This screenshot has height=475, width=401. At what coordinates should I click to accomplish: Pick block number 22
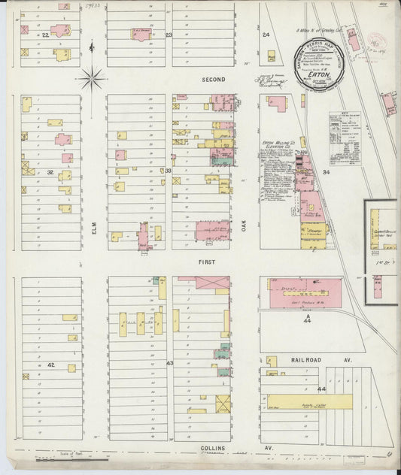(45, 35)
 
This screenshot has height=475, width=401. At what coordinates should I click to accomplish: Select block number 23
(169, 35)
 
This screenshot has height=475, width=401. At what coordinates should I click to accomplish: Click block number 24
(266, 35)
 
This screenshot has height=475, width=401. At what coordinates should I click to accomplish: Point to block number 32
(50, 172)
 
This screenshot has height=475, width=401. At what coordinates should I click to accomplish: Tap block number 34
(326, 172)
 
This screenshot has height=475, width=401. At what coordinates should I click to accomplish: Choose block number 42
(50, 364)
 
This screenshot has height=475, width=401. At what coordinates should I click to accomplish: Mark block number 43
(169, 364)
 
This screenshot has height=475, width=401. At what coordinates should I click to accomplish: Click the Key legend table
(350, 128)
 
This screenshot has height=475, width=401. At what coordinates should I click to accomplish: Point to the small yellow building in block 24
(271, 56)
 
